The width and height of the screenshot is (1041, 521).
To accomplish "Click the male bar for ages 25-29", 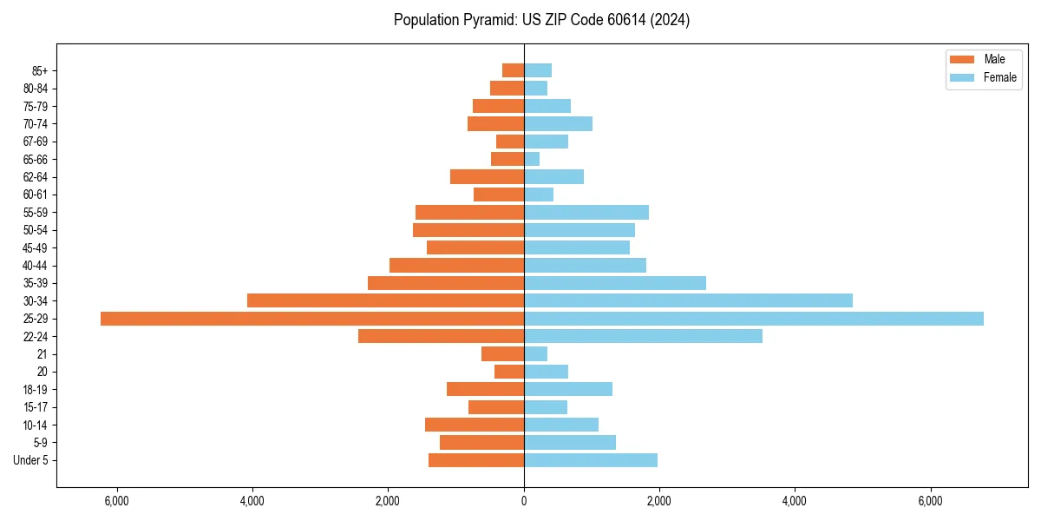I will pos(312,319).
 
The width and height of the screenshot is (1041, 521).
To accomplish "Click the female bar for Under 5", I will pos(590,460).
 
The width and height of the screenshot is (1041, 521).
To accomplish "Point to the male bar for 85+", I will pos(513,70).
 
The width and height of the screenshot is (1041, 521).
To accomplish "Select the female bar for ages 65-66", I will pos(532,159).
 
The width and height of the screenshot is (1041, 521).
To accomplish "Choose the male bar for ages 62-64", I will pos(487,176).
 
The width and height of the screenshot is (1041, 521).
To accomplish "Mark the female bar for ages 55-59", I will pos(586,212).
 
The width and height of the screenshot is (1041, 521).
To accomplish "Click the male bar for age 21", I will pos(502,353).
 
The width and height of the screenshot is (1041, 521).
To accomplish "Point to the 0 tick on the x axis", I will pos(524,501).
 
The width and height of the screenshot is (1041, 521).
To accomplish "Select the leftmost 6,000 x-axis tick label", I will pos(116,501).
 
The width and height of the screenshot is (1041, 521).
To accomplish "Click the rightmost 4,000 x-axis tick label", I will pos(795,501).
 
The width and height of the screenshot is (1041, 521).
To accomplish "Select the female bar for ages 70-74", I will pos(558,123).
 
